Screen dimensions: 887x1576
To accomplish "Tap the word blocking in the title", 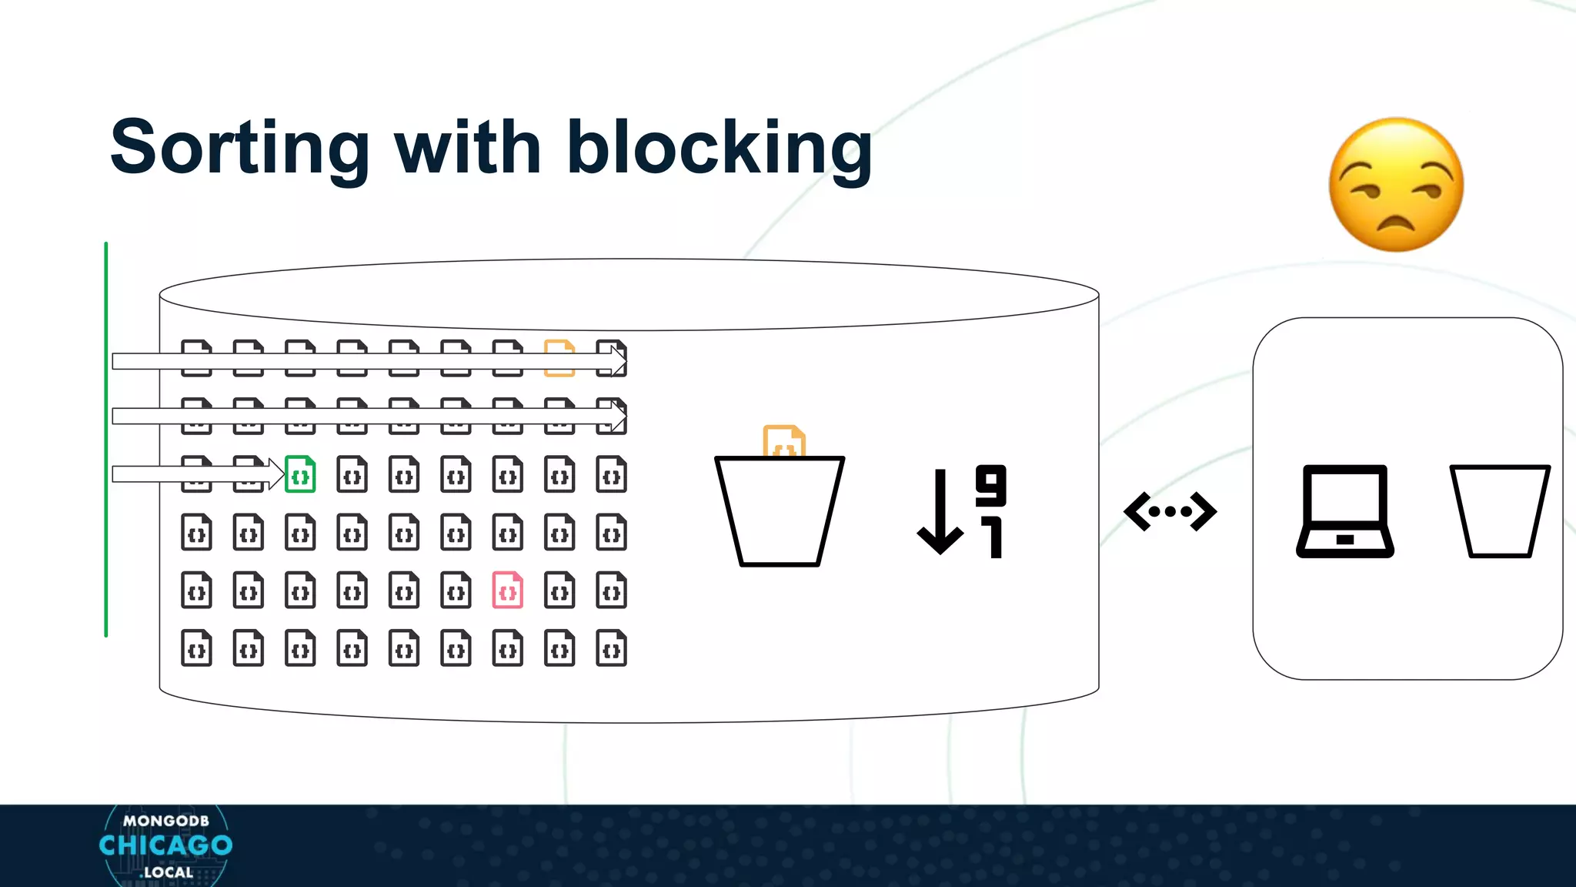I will [719, 148].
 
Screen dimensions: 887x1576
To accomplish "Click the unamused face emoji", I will [1396, 185].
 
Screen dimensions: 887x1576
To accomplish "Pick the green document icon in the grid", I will [300, 474].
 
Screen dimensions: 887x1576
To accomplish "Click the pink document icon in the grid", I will [508, 591].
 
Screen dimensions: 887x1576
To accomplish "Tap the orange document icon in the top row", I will [559, 357].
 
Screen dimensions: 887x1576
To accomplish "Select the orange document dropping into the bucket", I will [783, 441].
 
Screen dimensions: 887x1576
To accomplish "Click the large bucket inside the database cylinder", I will [780, 512].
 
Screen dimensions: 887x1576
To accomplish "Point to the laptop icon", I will [1345, 511].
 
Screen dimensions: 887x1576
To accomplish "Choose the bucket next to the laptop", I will [1499, 511].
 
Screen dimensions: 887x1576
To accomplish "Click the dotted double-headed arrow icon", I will [1170, 511].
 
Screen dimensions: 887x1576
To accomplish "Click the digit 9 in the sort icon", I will [990, 485].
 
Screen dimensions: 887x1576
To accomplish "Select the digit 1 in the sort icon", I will [993, 537].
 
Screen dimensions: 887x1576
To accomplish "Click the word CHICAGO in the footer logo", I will [165, 845].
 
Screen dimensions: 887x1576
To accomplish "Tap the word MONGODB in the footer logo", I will [165, 821].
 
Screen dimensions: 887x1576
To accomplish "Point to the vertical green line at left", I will [106, 439].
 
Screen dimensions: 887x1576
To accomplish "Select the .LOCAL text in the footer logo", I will [167, 872].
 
